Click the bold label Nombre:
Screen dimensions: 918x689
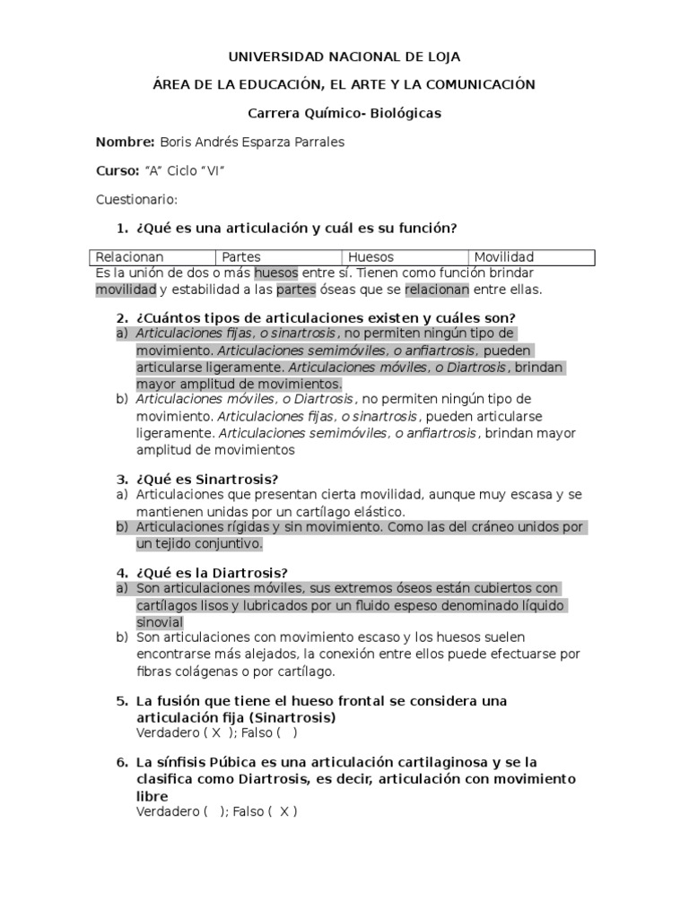pyautogui.click(x=125, y=142)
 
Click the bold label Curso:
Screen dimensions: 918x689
pyautogui.click(x=118, y=170)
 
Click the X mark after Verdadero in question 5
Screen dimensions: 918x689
pyautogui.click(x=215, y=733)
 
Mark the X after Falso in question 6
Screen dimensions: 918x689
pyautogui.click(x=283, y=811)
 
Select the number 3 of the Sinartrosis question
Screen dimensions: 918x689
pyautogui.click(x=122, y=479)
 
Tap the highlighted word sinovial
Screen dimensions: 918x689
pyautogui.click(x=160, y=622)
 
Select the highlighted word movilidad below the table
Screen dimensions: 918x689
pyautogui.click(x=126, y=290)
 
